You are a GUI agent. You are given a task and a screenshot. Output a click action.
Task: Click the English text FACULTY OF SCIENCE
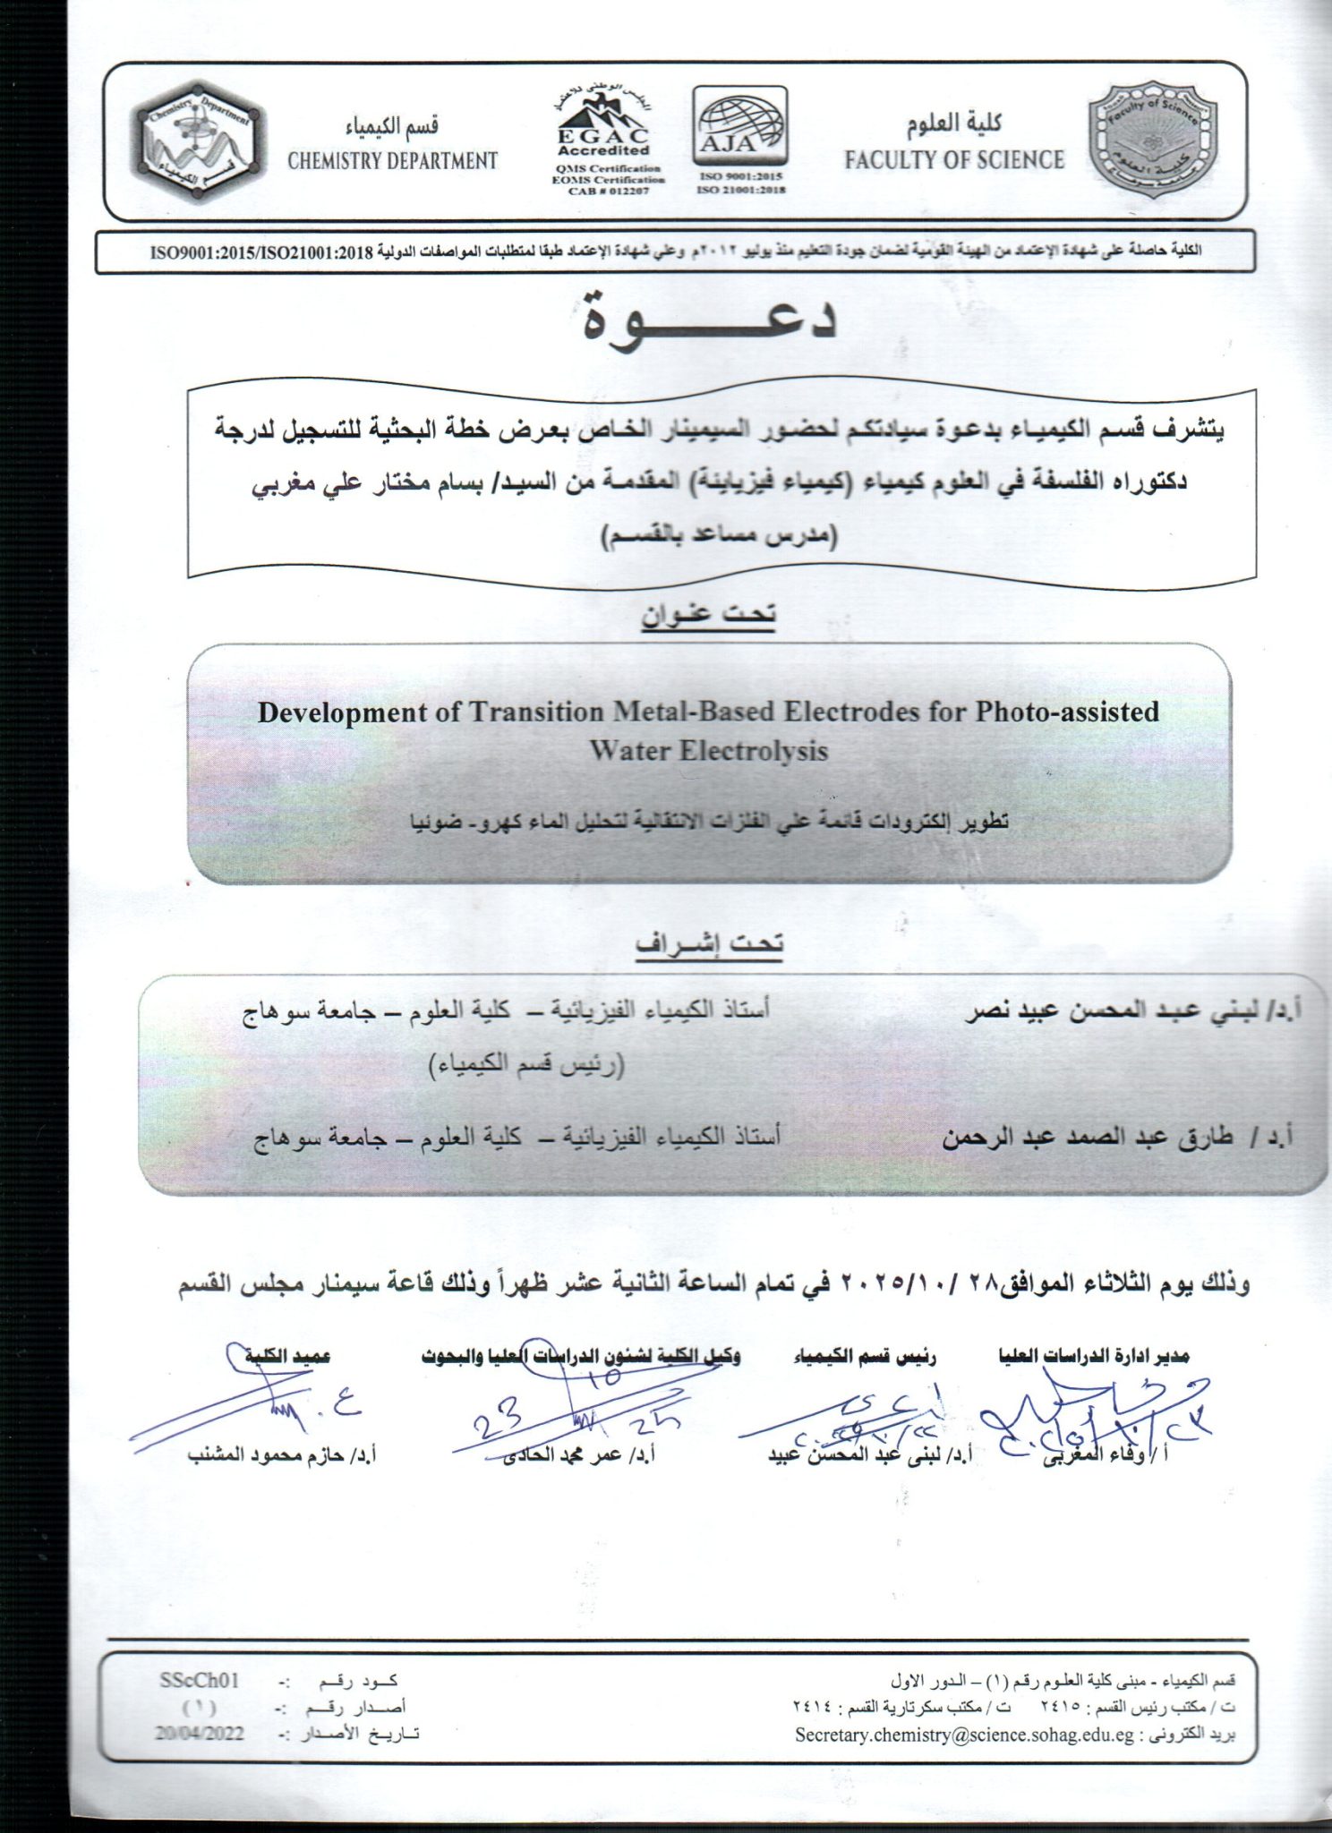(954, 160)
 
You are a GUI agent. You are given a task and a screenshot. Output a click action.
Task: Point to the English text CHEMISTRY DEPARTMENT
(392, 161)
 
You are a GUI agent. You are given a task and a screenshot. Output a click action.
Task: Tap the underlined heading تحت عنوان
(708, 614)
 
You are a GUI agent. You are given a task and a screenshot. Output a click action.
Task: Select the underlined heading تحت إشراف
(709, 943)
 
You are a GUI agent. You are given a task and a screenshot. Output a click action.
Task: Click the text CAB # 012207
(607, 191)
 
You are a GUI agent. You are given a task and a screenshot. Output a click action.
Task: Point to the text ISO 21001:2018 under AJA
(739, 189)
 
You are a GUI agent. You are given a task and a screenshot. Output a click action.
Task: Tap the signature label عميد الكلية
(289, 1356)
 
